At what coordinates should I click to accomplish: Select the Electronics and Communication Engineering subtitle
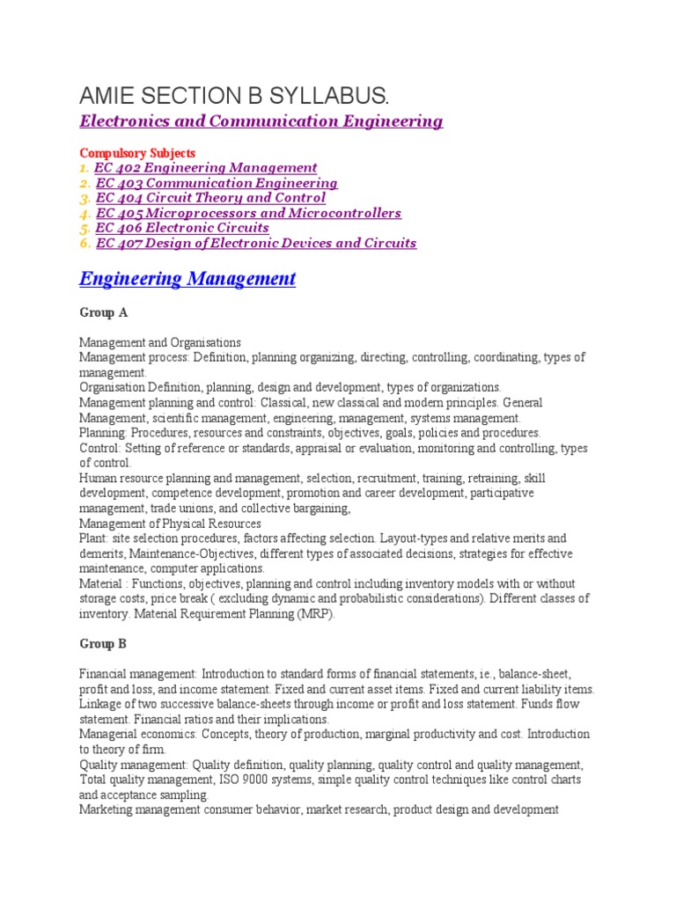pos(261,121)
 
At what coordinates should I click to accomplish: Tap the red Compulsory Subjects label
pos(137,152)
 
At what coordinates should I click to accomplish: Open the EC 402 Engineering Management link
pos(206,167)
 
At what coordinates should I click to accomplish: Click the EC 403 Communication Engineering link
pos(217,183)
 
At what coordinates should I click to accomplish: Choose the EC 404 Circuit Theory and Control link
pos(210,198)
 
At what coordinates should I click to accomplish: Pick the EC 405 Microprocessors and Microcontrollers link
pos(248,213)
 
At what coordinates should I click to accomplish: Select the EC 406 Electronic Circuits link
pos(182,228)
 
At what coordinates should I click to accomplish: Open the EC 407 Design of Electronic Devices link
pos(256,243)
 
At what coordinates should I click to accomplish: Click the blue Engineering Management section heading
pos(187,279)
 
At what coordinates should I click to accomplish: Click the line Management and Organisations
pos(160,342)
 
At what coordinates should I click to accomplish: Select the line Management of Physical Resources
pos(170,524)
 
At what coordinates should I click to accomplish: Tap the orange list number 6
pos(84,243)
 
